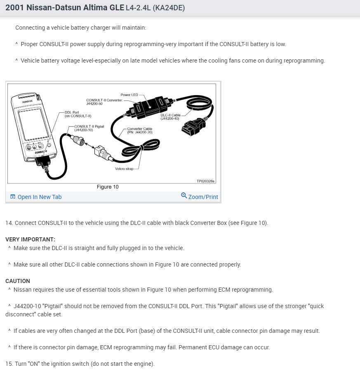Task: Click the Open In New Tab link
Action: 39,197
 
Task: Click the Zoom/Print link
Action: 203,197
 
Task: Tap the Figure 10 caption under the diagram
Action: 108,187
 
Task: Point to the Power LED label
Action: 129,95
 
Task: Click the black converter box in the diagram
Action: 148,107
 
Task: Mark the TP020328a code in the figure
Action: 205,181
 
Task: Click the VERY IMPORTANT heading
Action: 30,239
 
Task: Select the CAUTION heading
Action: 18,281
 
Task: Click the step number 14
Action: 9,223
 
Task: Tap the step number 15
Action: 9,364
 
